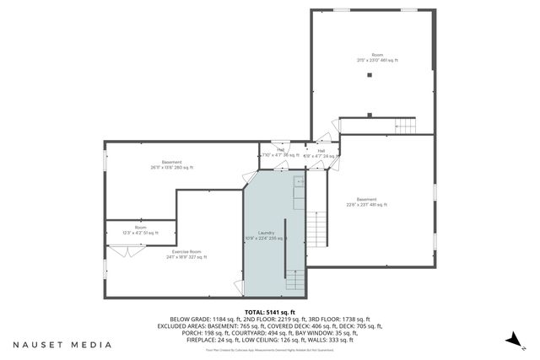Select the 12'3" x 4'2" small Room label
coord(140,230)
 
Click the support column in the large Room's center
coord(369,76)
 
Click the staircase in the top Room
coord(406,126)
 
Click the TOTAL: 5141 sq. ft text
coord(269,312)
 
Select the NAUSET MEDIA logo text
coord(62,345)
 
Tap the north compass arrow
coord(510,338)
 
